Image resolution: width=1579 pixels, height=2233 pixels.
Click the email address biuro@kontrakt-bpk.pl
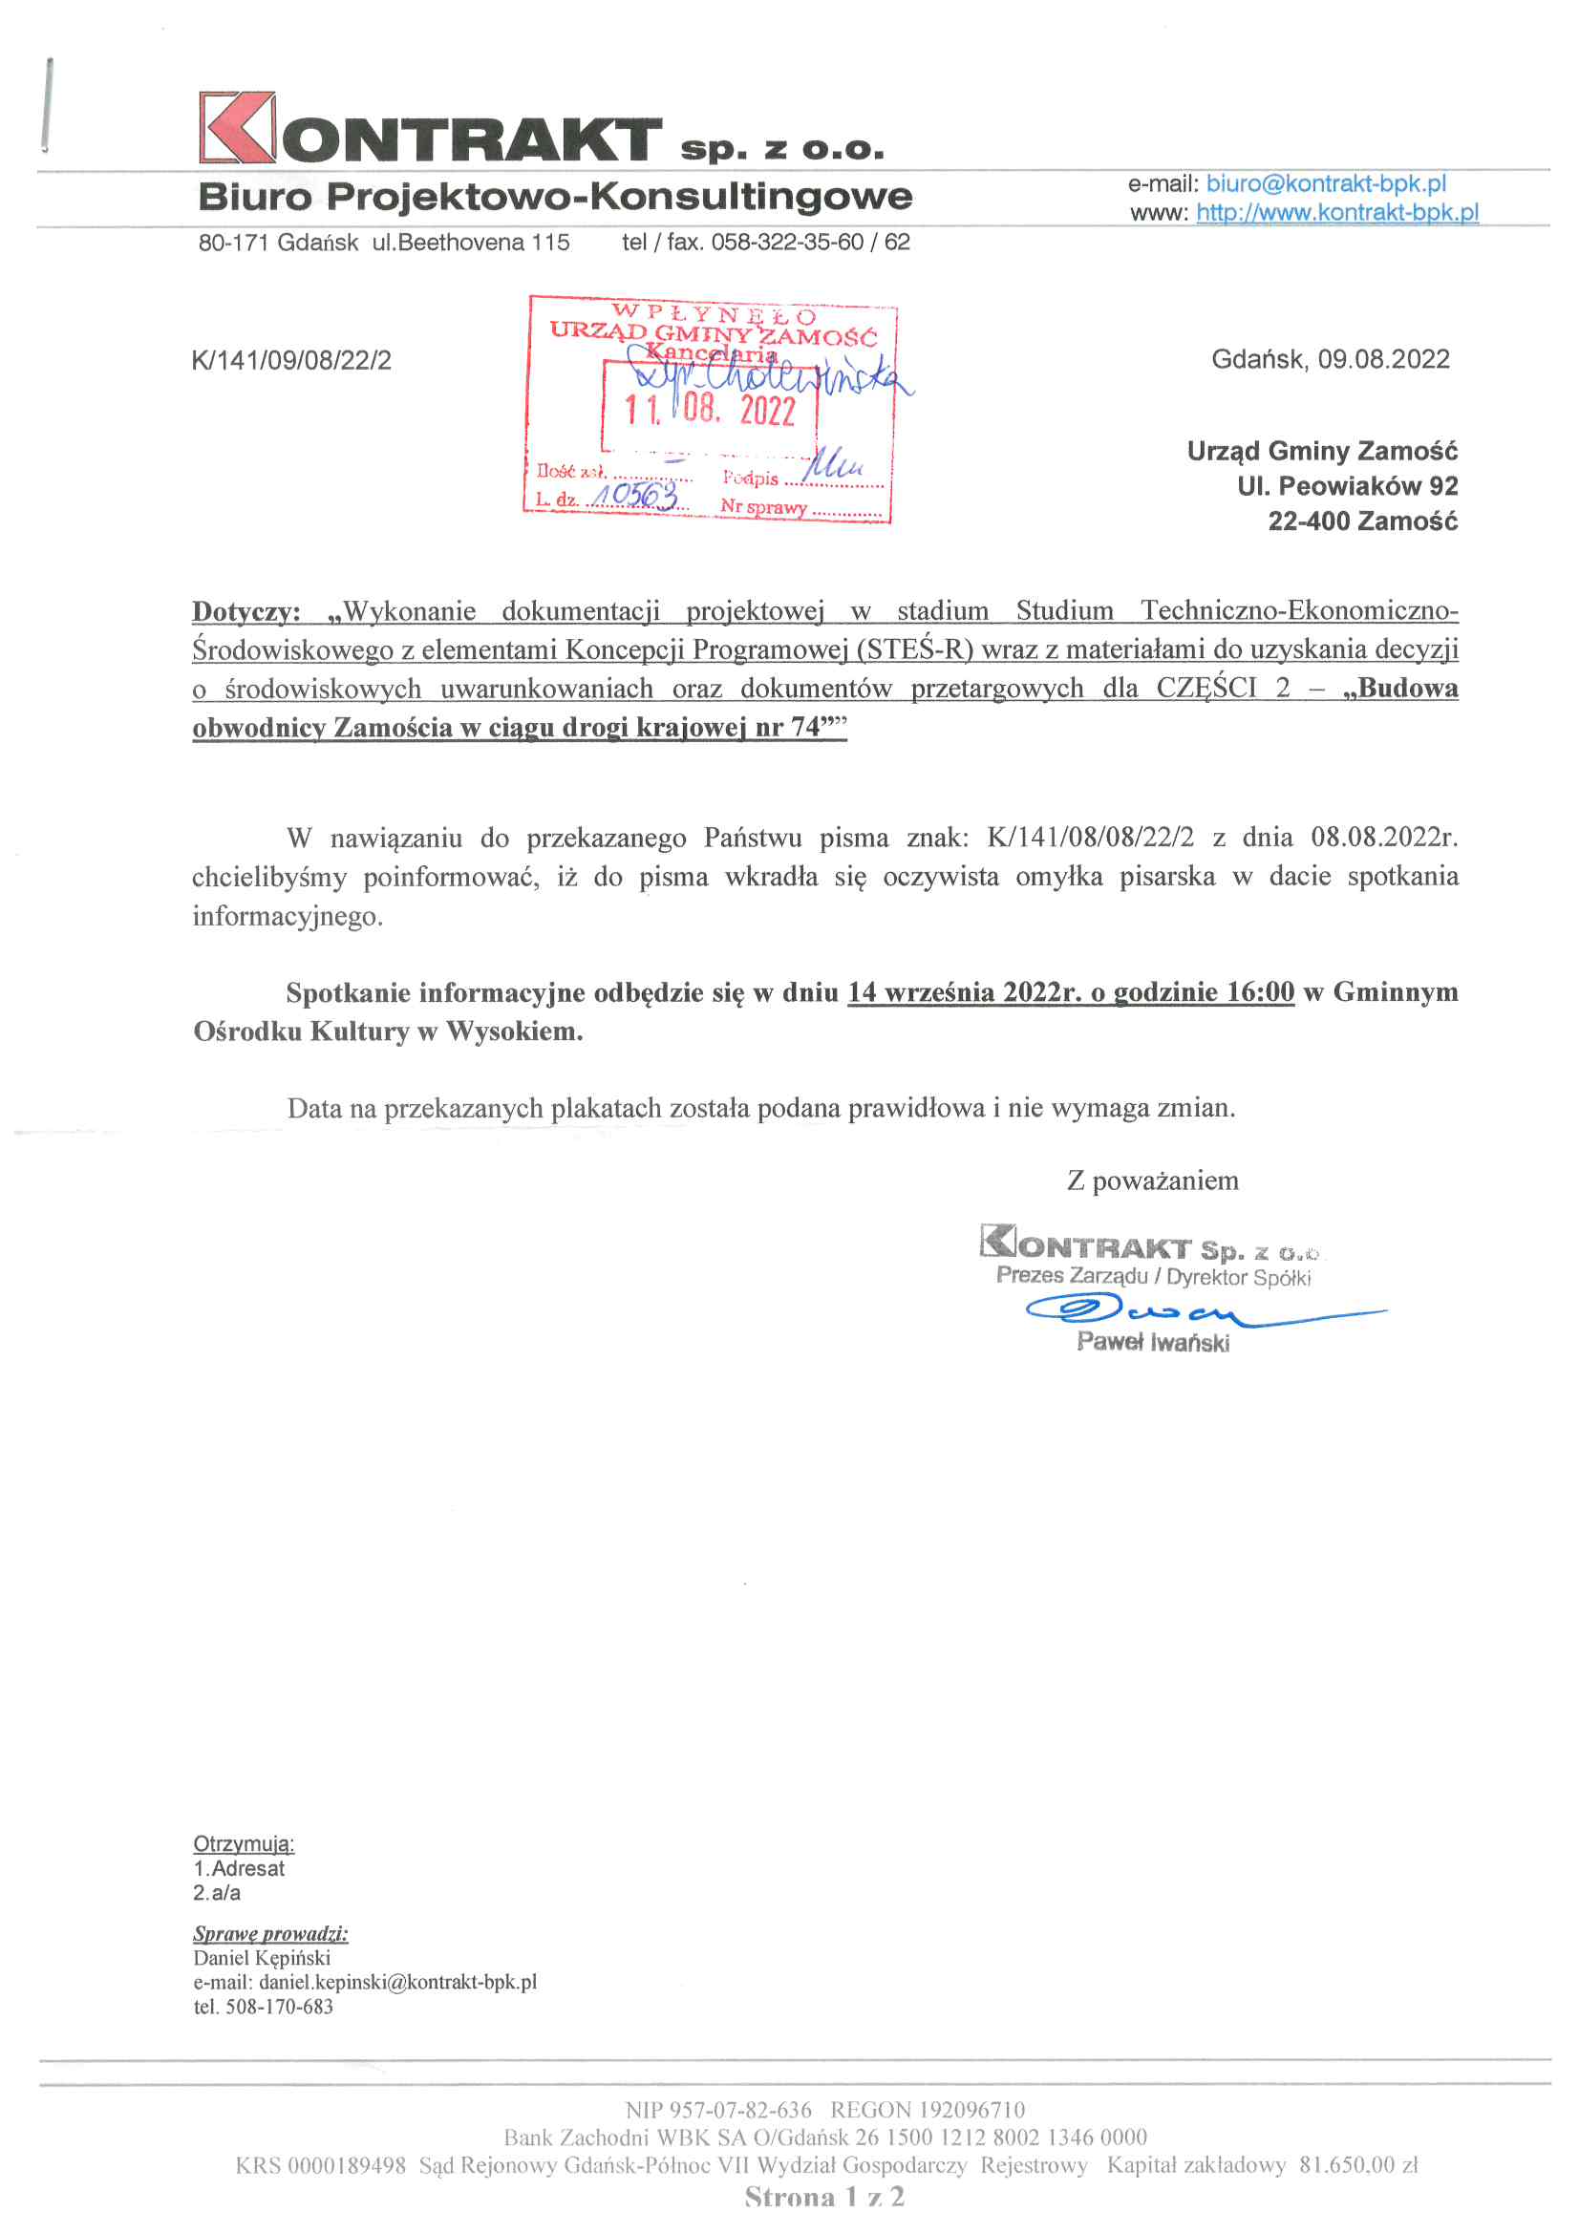[x=1325, y=183]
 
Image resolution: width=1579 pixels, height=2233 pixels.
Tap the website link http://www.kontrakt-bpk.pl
[x=1336, y=212]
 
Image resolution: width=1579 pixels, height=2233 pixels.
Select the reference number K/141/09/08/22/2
[x=292, y=362]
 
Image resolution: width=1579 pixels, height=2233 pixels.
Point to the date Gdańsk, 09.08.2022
[x=1330, y=360]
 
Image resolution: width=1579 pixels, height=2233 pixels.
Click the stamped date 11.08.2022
[x=709, y=410]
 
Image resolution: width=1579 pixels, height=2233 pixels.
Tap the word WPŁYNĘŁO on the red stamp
[x=714, y=314]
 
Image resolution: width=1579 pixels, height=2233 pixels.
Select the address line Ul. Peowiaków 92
[x=1347, y=486]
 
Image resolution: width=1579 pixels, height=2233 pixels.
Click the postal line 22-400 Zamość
[x=1362, y=521]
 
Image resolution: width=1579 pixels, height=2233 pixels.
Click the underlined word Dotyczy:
[x=246, y=612]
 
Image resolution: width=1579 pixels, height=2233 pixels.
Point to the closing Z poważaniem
[x=1153, y=1180]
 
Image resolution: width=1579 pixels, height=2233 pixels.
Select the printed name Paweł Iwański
[x=1153, y=1343]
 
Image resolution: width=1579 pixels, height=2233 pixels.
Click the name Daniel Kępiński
[x=262, y=1958]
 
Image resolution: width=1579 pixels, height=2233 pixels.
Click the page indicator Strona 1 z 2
[x=824, y=2197]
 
